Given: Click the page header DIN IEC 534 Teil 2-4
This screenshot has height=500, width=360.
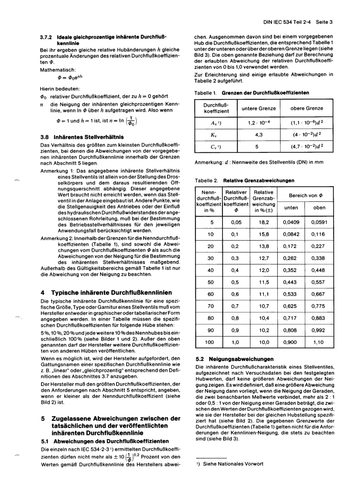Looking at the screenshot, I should (x=288, y=22).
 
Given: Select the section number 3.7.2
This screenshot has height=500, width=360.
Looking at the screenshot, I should (x=46, y=37).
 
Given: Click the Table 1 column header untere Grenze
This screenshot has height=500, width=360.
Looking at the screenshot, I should (x=258, y=108).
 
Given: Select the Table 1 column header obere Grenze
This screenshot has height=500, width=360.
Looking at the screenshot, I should (x=306, y=108).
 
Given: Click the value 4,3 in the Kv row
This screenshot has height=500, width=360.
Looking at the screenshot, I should (x=258, y=134).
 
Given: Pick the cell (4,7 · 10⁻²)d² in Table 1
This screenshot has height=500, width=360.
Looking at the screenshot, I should (x=306, y=146).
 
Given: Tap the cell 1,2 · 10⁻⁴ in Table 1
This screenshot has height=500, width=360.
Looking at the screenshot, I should (x=258, y=123).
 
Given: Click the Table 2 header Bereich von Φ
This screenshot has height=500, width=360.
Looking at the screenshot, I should (x=305, y=195).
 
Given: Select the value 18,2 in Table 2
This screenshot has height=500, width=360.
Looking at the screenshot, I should (x=264, y=222).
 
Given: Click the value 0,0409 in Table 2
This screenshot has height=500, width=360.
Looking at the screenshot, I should (x=291, y=222).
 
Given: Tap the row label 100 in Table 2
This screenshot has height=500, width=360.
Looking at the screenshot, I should (x=210, y=342).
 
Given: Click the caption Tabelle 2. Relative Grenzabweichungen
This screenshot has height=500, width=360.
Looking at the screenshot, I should (x=244, y=180).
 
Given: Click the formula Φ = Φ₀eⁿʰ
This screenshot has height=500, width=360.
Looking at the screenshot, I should (x=70, y=78).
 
